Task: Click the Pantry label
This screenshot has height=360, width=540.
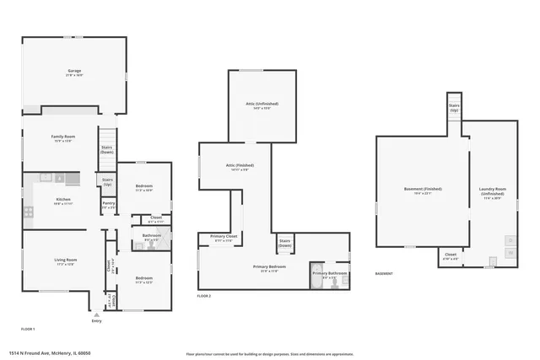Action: point(109,203)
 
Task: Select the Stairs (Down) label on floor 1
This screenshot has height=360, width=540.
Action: point(107,149)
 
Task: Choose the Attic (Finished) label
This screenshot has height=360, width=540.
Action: point(235,166)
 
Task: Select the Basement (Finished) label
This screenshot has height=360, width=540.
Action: point(423,190)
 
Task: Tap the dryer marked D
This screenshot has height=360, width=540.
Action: point(510,240)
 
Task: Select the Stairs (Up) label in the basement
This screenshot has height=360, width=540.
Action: point(454,108)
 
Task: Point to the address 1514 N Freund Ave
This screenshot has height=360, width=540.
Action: point(50,353)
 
